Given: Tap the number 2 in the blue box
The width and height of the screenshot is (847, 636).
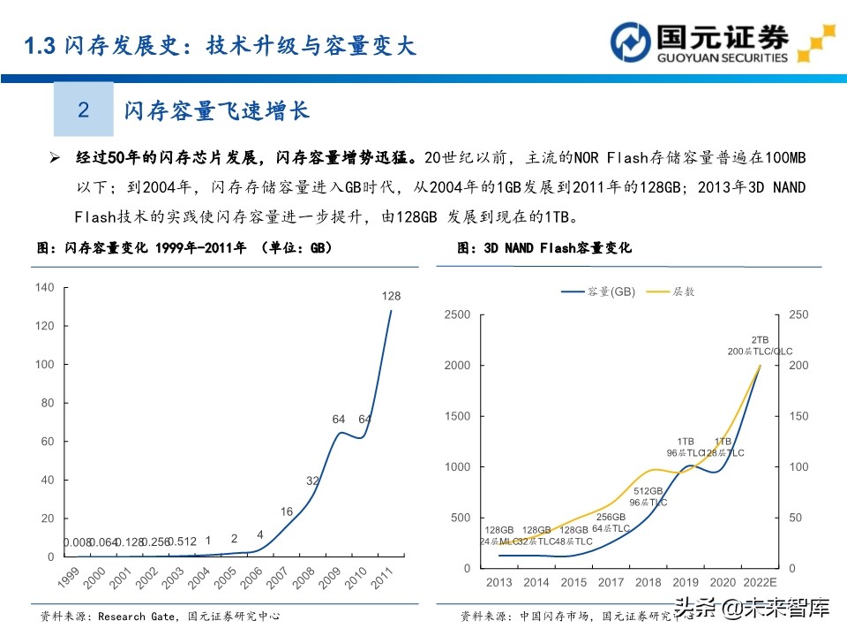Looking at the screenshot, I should [84, 110].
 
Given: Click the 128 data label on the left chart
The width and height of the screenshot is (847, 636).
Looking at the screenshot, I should [391, 296].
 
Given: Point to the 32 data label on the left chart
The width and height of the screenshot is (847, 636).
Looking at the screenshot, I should [313, 481].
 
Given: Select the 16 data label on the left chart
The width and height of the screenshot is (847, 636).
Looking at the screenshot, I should [287, 512].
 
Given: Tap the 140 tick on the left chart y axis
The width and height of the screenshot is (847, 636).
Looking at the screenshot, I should [45, 287].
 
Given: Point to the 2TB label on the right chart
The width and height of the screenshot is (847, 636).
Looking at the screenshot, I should [760, 339].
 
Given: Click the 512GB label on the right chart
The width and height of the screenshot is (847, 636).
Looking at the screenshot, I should [648, 491].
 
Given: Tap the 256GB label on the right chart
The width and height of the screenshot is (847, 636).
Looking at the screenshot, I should [610, 517].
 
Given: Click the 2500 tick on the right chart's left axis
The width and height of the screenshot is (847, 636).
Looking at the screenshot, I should [457, 314].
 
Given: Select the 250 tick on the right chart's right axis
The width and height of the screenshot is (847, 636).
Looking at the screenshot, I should [798, 314].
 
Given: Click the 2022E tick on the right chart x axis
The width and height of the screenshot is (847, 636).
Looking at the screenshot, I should [761, 583].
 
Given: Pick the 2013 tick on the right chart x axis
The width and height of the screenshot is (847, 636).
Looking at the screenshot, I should [498, 583].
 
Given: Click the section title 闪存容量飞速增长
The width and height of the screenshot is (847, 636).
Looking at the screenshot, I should [216, 110].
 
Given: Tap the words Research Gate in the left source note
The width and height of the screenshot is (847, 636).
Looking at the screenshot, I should [130, 616].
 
